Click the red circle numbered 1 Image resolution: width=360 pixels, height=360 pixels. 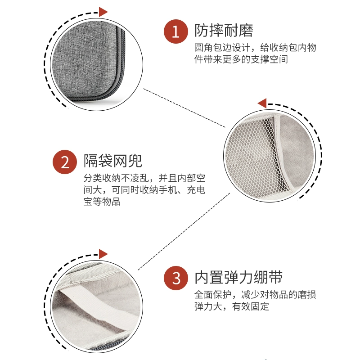[176, 31]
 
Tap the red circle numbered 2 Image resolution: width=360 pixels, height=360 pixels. [65, 162]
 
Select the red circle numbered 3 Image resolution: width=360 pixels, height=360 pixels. [176, 278]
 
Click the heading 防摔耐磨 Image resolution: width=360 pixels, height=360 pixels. [224, 30]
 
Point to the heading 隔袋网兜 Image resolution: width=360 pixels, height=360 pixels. [113, 161]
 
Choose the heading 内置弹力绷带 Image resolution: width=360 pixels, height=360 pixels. [238, 277]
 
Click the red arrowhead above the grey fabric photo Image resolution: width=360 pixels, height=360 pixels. [103, 12]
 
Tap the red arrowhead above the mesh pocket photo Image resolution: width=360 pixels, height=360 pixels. [262, 103]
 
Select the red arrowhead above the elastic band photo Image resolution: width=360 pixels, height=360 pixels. [103, 254]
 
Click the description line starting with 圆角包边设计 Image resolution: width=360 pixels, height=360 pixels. [255, 48]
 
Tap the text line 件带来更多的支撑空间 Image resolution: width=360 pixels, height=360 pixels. [241, 59]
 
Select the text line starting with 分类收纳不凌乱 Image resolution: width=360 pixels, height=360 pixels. [144, 178]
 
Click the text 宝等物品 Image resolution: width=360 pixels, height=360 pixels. [102, 202]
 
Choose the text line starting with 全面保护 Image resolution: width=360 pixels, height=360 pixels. [255, 294]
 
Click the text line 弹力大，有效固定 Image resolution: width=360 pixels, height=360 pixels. [232, 306]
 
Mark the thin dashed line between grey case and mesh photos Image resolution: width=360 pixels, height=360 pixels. [184, 108]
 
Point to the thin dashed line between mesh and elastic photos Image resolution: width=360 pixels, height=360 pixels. [184, 231]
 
